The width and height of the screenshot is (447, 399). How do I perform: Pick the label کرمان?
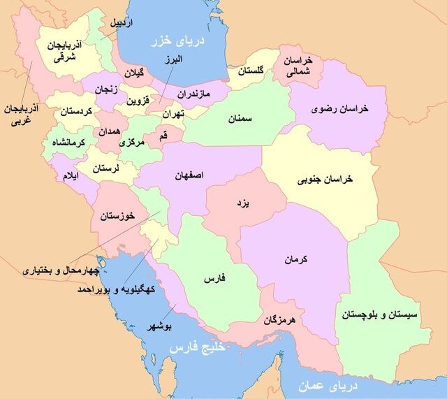296,260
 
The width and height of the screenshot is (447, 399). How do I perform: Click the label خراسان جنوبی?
327,180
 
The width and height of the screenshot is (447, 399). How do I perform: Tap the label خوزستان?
116,213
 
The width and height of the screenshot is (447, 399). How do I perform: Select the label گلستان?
252,71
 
